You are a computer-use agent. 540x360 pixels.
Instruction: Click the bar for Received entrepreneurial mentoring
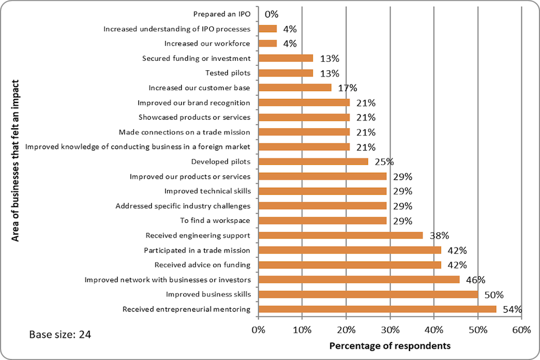click(x=377, y=309)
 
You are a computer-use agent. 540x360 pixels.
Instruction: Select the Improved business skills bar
click(x=368, y=294)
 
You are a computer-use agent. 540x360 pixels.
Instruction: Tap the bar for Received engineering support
click(x=340, y=235)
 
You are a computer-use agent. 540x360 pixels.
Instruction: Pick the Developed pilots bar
click(x=313, y=161)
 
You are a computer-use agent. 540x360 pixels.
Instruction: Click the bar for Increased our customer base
click(x=295, y=88)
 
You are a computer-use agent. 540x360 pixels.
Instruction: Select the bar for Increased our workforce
click(x=268, y=43)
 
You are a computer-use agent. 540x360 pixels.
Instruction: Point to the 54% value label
click(x=512, y=309)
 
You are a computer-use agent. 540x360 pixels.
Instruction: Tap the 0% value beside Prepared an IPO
click(x=271, y=15)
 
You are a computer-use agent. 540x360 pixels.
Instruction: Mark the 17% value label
click(x=347, y=88)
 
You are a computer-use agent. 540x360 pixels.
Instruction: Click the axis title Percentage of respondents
click(x=390, y=346)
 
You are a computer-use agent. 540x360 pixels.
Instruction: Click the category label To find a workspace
click(x=215, y=220)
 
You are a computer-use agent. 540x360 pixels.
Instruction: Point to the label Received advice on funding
click(x=202, y=265)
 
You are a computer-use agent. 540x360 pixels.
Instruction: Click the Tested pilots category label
click(x=228, y=73)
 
